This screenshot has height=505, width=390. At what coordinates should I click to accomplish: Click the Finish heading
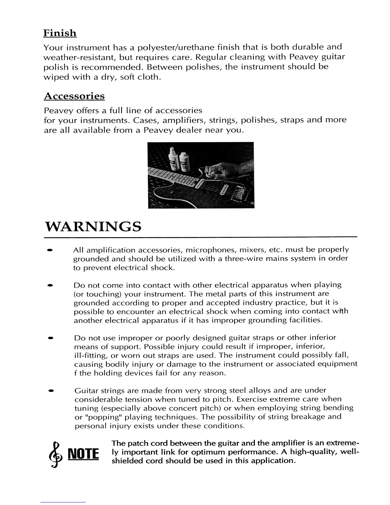pos(60,33)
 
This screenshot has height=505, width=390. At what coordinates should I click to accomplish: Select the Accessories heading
pos(74,96)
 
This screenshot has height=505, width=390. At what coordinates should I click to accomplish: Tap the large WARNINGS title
pos(93,227)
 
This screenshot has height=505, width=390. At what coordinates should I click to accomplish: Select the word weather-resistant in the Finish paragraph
pos(79,58)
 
